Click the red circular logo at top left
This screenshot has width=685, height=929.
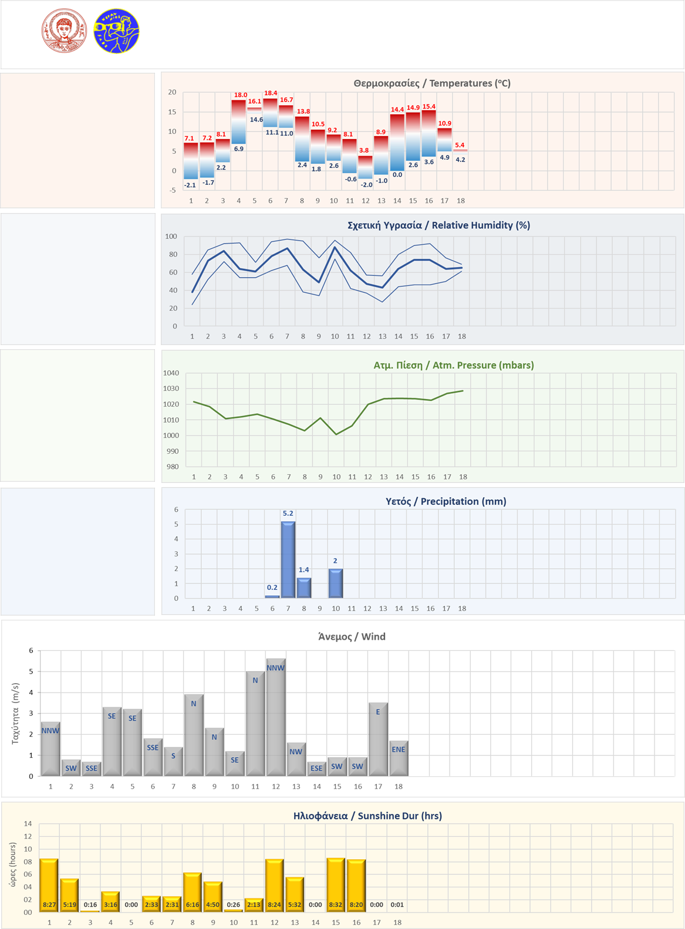pos(64,31)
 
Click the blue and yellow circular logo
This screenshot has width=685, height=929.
pos(116,31)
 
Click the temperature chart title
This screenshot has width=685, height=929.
pos(432,83)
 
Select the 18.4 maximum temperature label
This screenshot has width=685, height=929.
pos(271,93)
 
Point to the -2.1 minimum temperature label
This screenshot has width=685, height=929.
pos(190,185)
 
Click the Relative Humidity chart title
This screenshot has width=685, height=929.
pos(438,225)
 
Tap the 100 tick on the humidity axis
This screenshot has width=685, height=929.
pos(171,237)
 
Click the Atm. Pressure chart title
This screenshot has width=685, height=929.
pos(453,365)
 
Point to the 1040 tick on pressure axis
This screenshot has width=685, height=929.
pos(171,373)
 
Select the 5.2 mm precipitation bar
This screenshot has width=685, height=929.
pos(288,559)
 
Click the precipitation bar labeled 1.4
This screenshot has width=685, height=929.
pos(304,587)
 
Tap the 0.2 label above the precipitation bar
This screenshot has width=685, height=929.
pos(272,587)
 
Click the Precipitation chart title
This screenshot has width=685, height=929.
pos(446,501)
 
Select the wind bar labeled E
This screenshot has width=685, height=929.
pos(378,739)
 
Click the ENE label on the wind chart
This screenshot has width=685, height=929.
pos(399,749)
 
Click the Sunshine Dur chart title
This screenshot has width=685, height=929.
pos(367,816)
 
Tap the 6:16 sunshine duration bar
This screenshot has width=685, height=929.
pos(193,892)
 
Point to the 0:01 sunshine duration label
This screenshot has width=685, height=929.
pos(397,905)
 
